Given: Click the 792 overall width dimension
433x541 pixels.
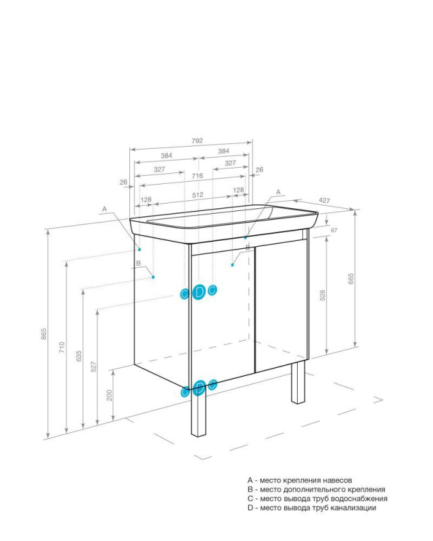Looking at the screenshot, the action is [198, 141].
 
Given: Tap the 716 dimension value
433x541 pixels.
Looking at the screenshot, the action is [198, 176].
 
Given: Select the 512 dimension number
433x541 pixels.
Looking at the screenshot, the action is [198, 195].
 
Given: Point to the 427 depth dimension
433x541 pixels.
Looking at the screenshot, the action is [324, 200].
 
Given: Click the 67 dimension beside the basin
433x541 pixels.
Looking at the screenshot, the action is [334, 230].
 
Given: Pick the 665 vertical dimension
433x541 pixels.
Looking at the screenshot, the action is [351, 279].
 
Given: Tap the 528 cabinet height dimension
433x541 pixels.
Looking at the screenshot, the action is [323, 296].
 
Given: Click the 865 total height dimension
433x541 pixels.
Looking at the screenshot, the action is [44, 333].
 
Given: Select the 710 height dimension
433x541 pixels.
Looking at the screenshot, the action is [62, 347].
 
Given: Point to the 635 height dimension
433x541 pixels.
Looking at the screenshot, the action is [79, 356].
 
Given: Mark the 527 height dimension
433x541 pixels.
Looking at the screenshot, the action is [93, 367].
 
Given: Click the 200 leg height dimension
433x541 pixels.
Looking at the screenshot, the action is [110, 396].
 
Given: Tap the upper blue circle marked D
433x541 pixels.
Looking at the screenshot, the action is [198, 292].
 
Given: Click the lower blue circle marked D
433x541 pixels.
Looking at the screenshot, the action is [199, 387].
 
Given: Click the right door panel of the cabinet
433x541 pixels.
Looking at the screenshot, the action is [281, 306].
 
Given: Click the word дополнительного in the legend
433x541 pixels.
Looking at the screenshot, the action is [314, 490].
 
